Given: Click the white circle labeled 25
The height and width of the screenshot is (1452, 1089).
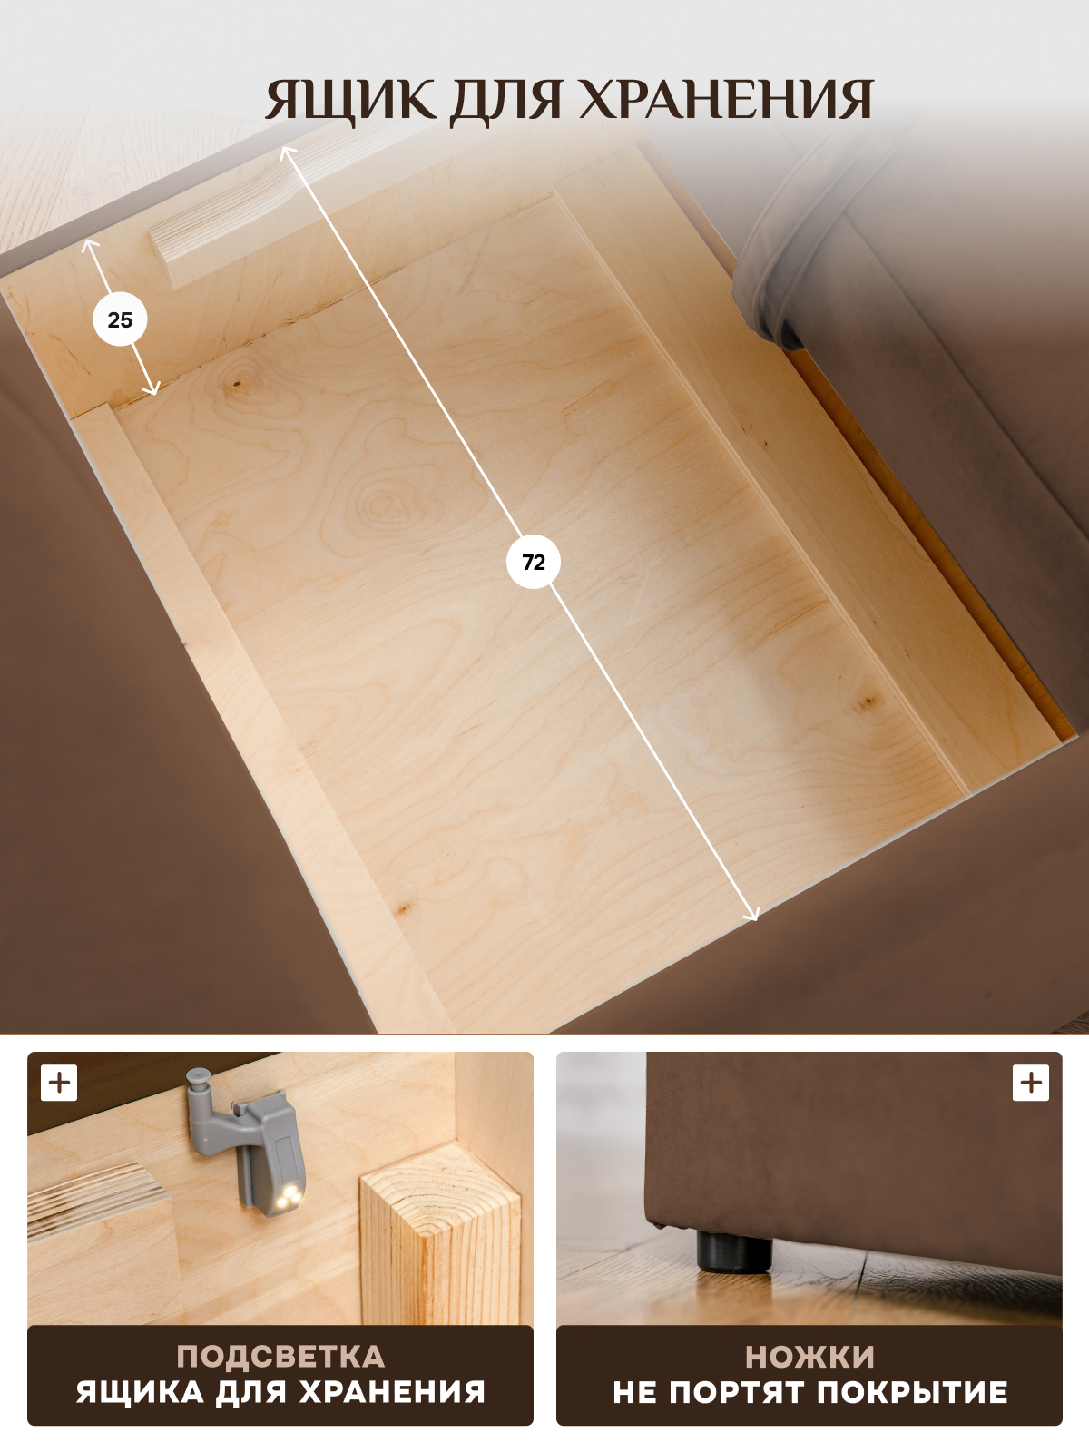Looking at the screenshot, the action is pyautogui.click(x=120, y=320).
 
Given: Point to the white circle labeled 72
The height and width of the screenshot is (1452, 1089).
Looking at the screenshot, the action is pyautogui.click(x=534, y=563).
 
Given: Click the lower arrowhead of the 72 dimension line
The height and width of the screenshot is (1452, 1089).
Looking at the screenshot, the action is pyautogui.click(x=751, y=914).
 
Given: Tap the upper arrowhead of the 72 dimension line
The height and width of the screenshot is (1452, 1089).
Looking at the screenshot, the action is pyautogui.click(x=288, y=153).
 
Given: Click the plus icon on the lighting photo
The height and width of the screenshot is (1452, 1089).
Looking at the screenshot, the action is pyautogui.click(x=59, y=1083).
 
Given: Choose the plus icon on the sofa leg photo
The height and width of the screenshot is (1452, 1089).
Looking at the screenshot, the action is pyautogui.click(x=1031, y=1083).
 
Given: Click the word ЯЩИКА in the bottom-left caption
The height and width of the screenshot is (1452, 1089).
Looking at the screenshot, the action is pyautogui.click(x=140, y=1392).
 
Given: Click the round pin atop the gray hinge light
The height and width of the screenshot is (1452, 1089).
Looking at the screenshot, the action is pyautogui.click(x=198, y=1079).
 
